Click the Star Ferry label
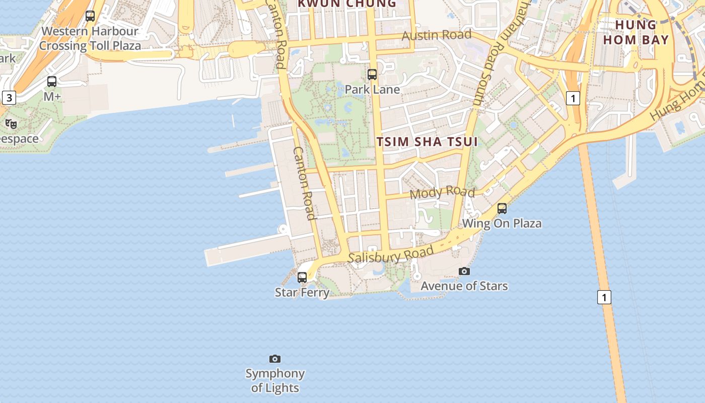tap(302, 292)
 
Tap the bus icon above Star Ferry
tap(302, 277)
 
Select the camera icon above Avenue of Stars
tap(464, 272)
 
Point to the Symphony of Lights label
tap(275, 381)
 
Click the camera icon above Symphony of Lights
tap(275, 359)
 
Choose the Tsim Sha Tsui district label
tap(427, 142)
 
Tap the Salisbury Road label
tap(391, 255)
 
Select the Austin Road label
tap(437, 35)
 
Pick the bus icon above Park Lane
tap(372, 75)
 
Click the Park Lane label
tap(372, 90)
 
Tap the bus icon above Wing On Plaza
tap(502, 208)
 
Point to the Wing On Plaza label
tap(502, 223)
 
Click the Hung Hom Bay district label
tap(636, 32)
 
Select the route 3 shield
tap(9, 98)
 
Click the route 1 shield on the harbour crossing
tap(604, 297)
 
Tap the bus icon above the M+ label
tap(52, 81)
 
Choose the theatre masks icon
tap(11, 124)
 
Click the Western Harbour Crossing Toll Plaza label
tap(90, 38)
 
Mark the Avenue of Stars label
tap(464, 286)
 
